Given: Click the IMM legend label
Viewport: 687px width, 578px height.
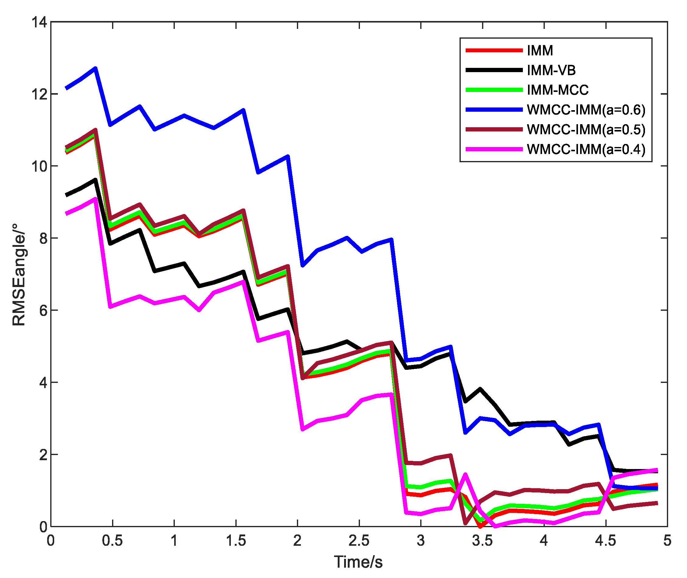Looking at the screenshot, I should (x=540, y=51).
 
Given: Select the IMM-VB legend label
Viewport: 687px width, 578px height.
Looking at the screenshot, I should (x=551, y=70).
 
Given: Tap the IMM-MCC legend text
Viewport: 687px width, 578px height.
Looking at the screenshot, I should (x=558, y=90).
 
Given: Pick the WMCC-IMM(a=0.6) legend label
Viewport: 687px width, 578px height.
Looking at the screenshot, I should (x=586, y=110).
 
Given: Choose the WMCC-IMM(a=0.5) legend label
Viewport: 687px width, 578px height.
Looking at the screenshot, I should (x=586, y=129).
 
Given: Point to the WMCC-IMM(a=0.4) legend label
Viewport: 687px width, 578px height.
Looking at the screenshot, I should (x=586, y=149).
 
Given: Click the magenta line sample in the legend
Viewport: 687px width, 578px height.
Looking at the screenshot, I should (x=494, y=149).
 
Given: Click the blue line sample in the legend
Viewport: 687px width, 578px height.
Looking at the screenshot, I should (x=494, y=110).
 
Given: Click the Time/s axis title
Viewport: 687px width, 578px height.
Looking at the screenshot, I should (x=358, y=562).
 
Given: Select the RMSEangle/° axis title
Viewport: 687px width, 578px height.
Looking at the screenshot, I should (x=19, y=275).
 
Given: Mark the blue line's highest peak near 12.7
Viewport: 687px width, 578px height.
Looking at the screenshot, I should (x=95, y=68).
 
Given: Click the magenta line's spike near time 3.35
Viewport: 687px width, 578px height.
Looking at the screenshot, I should (x=465, y=474).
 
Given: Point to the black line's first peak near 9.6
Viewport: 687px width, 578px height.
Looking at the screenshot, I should (x=95, y=180).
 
